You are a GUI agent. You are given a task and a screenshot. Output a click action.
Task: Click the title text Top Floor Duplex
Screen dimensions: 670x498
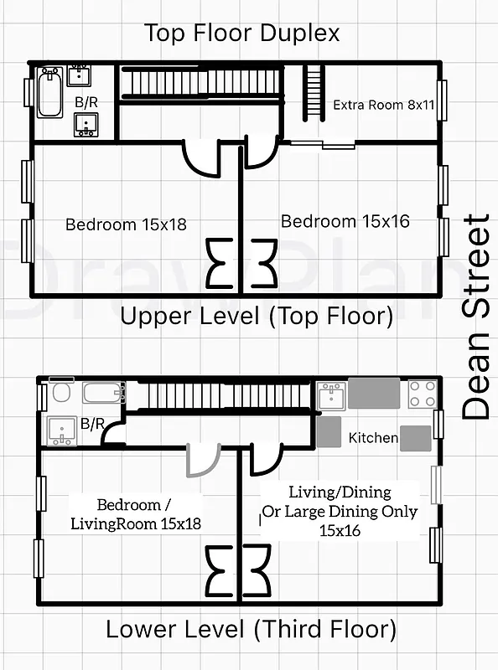click(x=242, y=33)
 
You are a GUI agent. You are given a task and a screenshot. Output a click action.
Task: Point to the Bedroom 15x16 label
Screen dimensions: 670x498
click(x=345, y=221)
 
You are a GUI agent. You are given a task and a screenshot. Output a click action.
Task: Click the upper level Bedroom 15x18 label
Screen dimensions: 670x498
click(x=126, y=224)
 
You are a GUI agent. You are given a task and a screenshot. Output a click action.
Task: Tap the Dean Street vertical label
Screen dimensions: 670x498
click(x=475, y=317)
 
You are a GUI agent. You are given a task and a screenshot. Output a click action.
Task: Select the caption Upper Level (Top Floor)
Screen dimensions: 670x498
click(x=257, y=317)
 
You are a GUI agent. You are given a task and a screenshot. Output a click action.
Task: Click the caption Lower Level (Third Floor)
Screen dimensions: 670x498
click(x=250, y=628)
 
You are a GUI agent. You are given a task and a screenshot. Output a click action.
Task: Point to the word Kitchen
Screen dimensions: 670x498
click(x=373, y=437)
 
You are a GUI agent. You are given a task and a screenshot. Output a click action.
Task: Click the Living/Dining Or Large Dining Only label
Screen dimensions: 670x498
click(x=340, y=511)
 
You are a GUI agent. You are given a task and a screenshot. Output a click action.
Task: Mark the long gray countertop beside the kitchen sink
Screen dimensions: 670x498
click(x=374, y=392)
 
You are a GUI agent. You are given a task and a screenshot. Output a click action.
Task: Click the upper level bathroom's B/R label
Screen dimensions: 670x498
click(x=85, y=102)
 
